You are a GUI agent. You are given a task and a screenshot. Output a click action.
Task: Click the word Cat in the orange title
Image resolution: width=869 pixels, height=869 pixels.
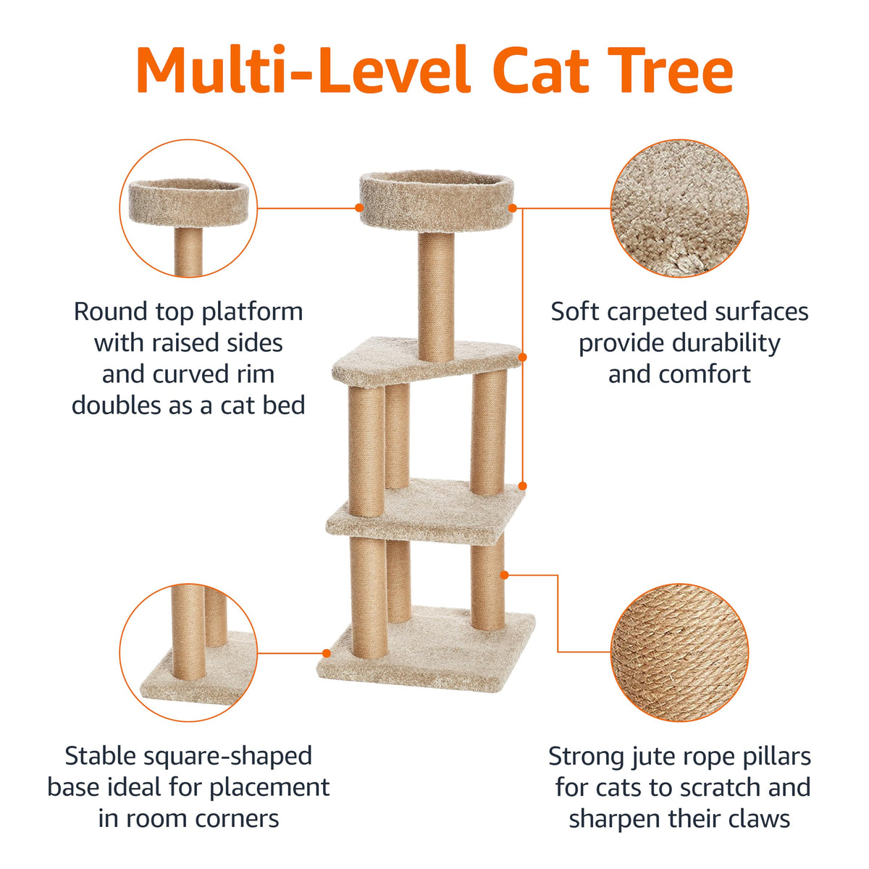(541, 70)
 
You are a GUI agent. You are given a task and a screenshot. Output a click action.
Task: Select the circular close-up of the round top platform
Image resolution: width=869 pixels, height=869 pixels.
(188, 208)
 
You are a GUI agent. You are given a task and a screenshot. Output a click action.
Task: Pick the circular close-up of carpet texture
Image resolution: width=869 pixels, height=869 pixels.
(679, 208)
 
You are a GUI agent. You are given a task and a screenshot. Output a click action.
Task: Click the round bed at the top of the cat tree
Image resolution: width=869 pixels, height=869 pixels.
(437, 201)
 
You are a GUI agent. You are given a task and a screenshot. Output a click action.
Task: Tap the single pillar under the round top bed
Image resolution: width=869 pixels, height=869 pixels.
(436, 297)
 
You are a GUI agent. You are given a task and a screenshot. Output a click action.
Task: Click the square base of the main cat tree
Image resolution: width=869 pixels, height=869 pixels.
(426, 650)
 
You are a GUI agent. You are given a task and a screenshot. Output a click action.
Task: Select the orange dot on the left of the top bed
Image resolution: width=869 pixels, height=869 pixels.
(359, 207)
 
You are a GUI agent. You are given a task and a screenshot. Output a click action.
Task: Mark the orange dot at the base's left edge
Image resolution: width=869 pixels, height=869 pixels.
(327, 653)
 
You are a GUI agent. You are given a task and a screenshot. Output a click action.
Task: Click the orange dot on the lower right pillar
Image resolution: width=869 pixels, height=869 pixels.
(505, 574)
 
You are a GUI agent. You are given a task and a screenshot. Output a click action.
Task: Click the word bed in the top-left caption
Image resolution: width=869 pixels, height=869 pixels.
(284, 405)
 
